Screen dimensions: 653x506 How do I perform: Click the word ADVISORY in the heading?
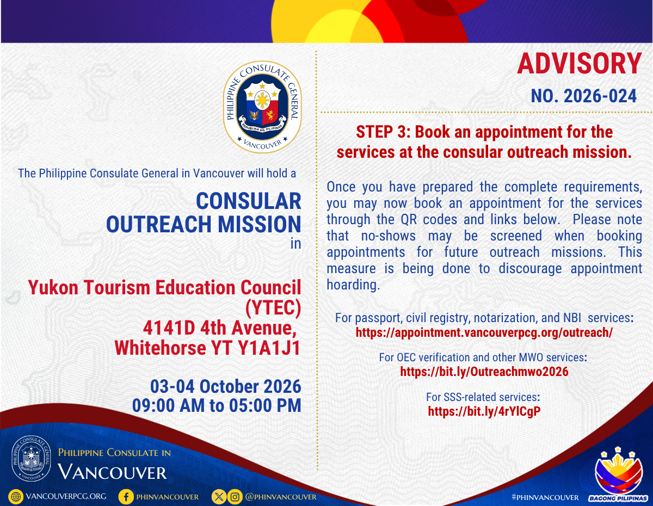tap(579, 64)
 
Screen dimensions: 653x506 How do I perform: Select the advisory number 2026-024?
tap(600, 96)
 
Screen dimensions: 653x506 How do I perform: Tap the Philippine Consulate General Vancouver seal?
tap(262, 107)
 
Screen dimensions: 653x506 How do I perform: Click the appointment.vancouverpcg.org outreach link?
tap(484, 332)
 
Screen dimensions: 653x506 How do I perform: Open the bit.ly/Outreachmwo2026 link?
tap(484, 372)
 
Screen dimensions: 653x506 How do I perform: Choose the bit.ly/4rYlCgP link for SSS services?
tap(484, 411)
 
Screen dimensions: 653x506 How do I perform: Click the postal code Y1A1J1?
tap(269, 348)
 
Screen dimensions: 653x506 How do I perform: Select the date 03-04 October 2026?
tap(225, 386)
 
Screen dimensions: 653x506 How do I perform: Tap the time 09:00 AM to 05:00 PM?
tap(217, 405)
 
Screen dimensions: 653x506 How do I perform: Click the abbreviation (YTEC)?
tap(273, 308)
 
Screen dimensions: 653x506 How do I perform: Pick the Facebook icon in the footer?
tap(126, 497)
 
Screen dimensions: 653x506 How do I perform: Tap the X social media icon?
tap(219, 497)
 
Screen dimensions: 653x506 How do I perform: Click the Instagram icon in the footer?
tap(235, 497)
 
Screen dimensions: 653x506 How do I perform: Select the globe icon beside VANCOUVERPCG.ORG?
tap(16, 497)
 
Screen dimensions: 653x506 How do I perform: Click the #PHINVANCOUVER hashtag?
tap(545, 497)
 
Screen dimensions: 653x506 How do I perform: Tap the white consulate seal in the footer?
tap(31, 458)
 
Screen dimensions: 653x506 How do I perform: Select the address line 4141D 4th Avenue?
tap(220, 328)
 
